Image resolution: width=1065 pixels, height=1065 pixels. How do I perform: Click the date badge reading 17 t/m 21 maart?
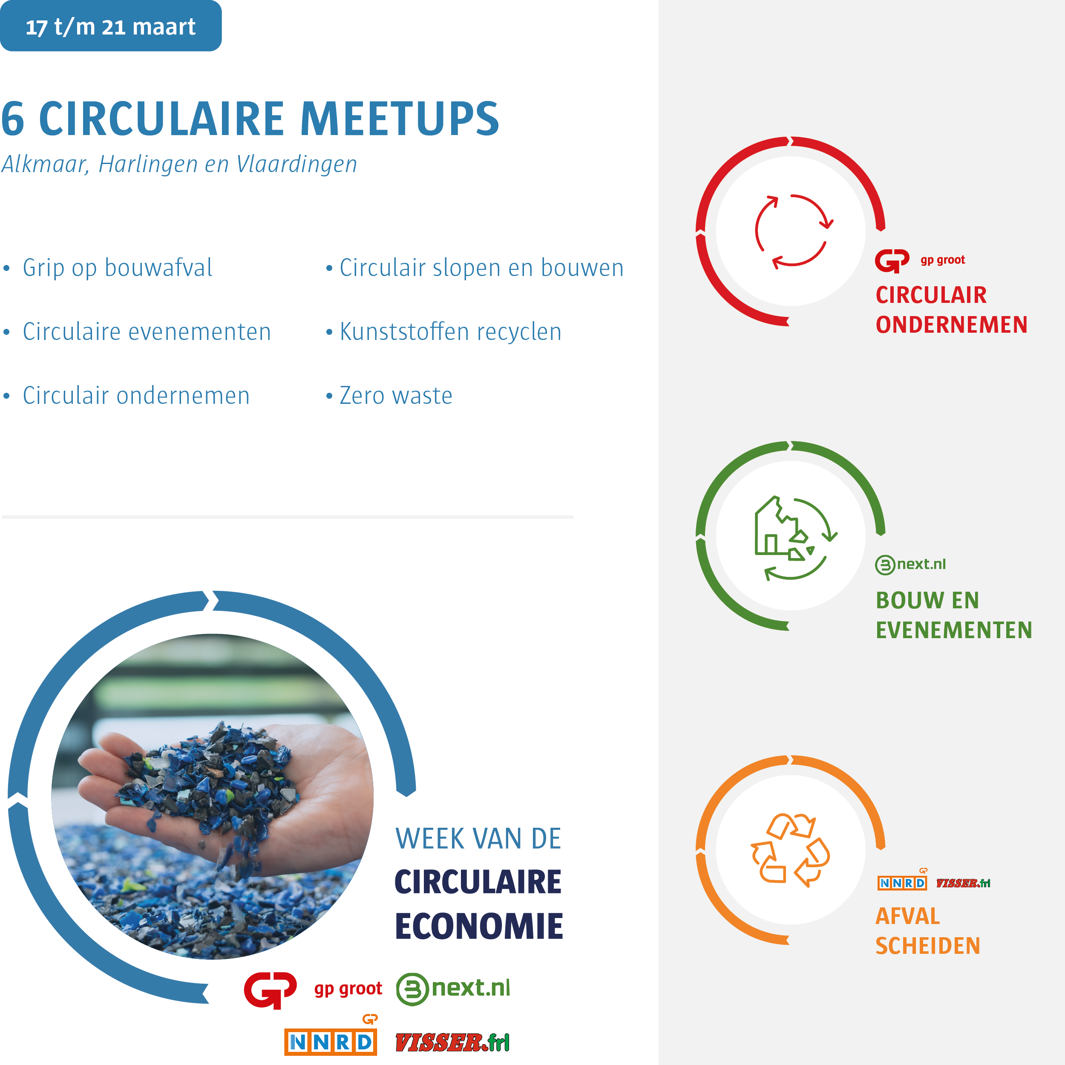point(110,26)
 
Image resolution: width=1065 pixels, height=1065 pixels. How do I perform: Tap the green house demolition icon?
point(795,538)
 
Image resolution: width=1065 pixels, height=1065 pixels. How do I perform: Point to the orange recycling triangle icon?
point(791,849)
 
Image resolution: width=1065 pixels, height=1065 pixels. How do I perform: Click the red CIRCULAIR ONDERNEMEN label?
point(951,310)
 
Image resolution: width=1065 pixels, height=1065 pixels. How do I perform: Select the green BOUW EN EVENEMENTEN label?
point(954,615)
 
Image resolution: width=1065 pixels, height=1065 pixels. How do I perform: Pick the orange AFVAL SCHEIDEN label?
point(928,931)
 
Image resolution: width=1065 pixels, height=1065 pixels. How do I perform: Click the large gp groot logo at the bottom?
point(313,990)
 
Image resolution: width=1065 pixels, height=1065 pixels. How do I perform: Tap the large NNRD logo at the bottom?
point(331,1035)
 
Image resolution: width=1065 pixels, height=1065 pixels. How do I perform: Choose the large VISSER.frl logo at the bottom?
point(452,1043)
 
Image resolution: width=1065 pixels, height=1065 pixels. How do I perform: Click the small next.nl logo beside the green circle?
point(910,564)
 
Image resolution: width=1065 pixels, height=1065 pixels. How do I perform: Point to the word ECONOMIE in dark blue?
point(478,926)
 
